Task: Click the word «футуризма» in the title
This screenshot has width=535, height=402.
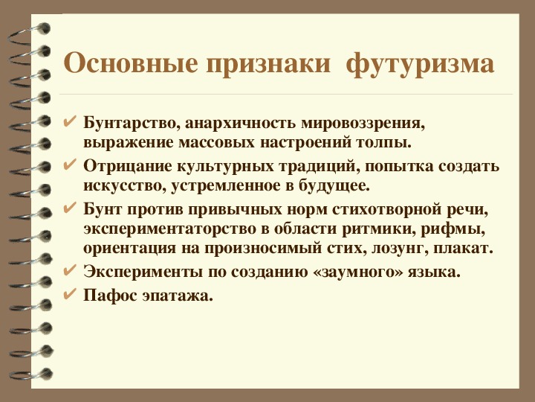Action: point(420,64)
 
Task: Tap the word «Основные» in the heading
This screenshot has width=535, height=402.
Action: point(131,63)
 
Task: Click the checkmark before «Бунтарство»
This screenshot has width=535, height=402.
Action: point(70,121)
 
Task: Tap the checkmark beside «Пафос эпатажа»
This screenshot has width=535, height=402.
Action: point(70,294)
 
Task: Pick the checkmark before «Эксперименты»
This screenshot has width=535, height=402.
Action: point(70,271)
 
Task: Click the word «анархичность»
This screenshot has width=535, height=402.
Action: point(240,123)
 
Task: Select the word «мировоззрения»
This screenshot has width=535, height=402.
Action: point(363,124)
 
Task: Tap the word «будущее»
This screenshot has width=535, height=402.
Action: point(334,186)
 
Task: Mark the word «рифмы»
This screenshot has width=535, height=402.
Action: point(453,230)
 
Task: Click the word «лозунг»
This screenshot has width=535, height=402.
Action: point(399,249)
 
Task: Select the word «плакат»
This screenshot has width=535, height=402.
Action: point(464,248)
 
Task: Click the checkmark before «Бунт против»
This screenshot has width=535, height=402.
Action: point(70,208)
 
